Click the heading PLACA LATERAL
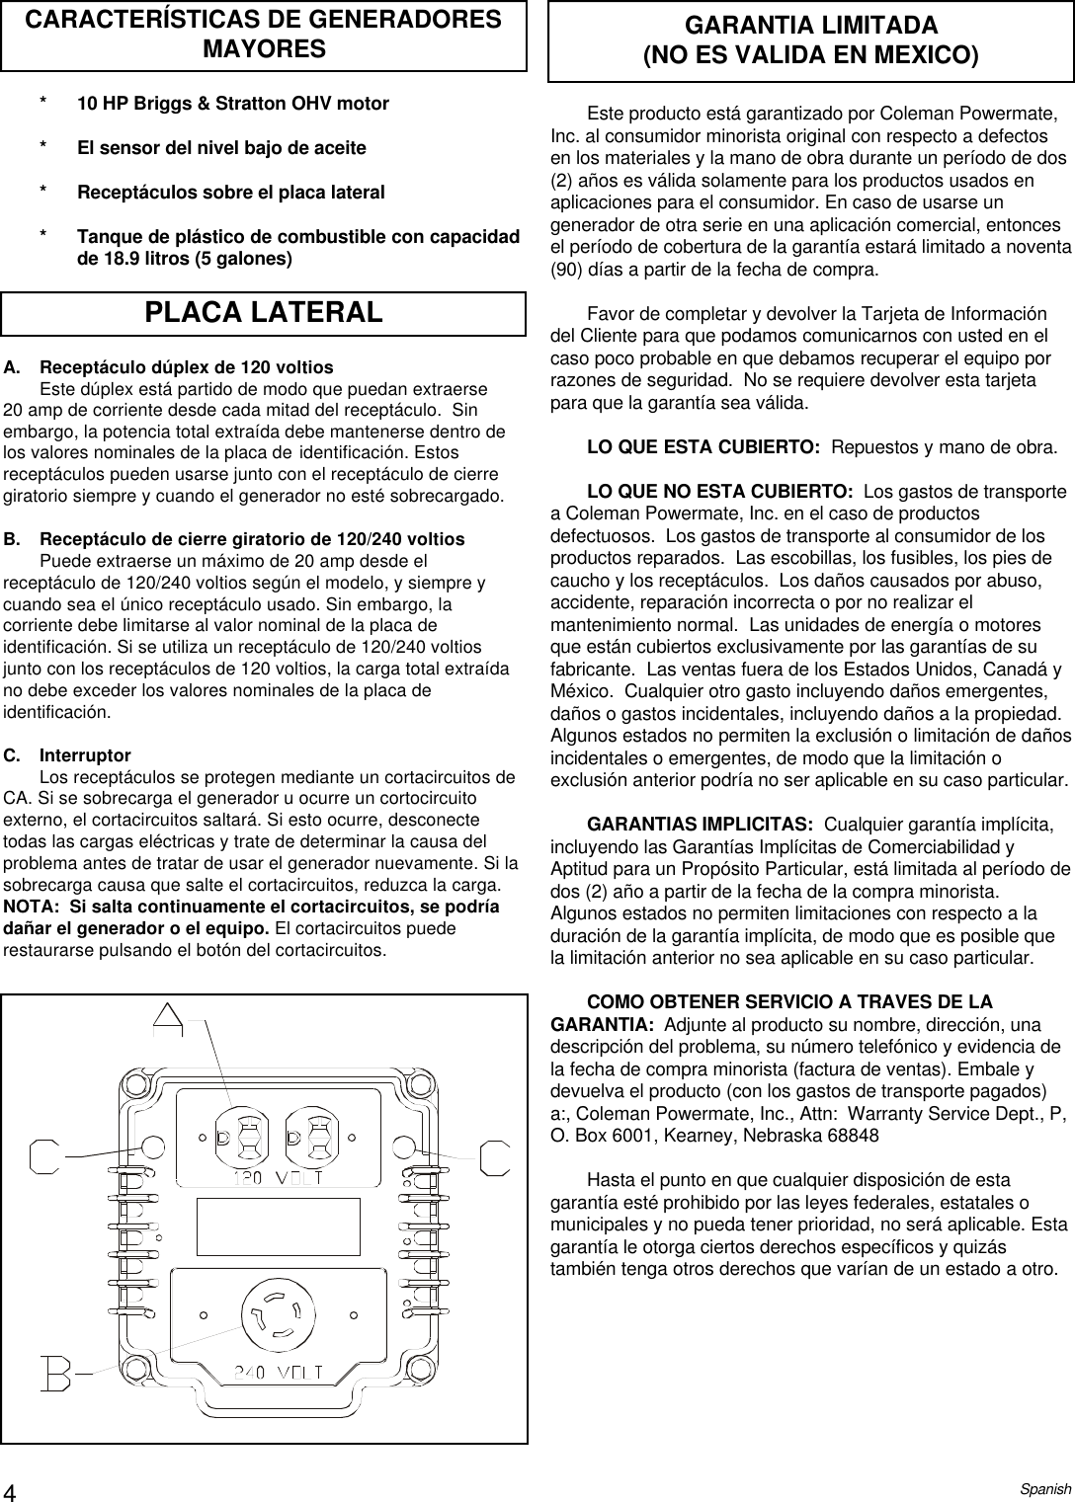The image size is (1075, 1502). [x=264, y=313]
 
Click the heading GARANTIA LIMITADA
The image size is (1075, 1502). [x=811, y=26]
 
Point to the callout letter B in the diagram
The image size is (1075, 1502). [x=56, y=1373]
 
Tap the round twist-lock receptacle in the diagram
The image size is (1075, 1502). [x=277, y=1316]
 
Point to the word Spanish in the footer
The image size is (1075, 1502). [x=1045, y=1489]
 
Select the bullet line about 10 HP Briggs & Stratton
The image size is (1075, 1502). [x=233, y=104]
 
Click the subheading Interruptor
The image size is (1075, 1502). [x=85, y=755]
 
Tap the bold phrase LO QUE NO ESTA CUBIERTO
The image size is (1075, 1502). [x=720, y=491]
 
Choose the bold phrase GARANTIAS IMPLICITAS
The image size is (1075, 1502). [x=700, y=825]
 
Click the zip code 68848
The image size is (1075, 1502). [x=851, y=1136]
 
